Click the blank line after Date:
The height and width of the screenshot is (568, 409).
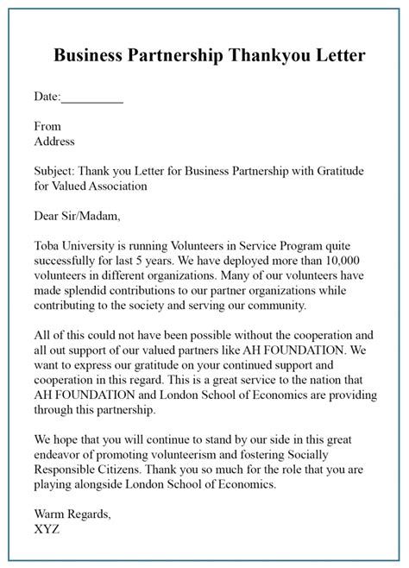93,98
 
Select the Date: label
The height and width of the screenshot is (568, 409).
47,98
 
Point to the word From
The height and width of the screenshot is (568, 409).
47,126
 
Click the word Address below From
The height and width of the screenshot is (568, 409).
54,141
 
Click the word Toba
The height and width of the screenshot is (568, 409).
47,244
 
